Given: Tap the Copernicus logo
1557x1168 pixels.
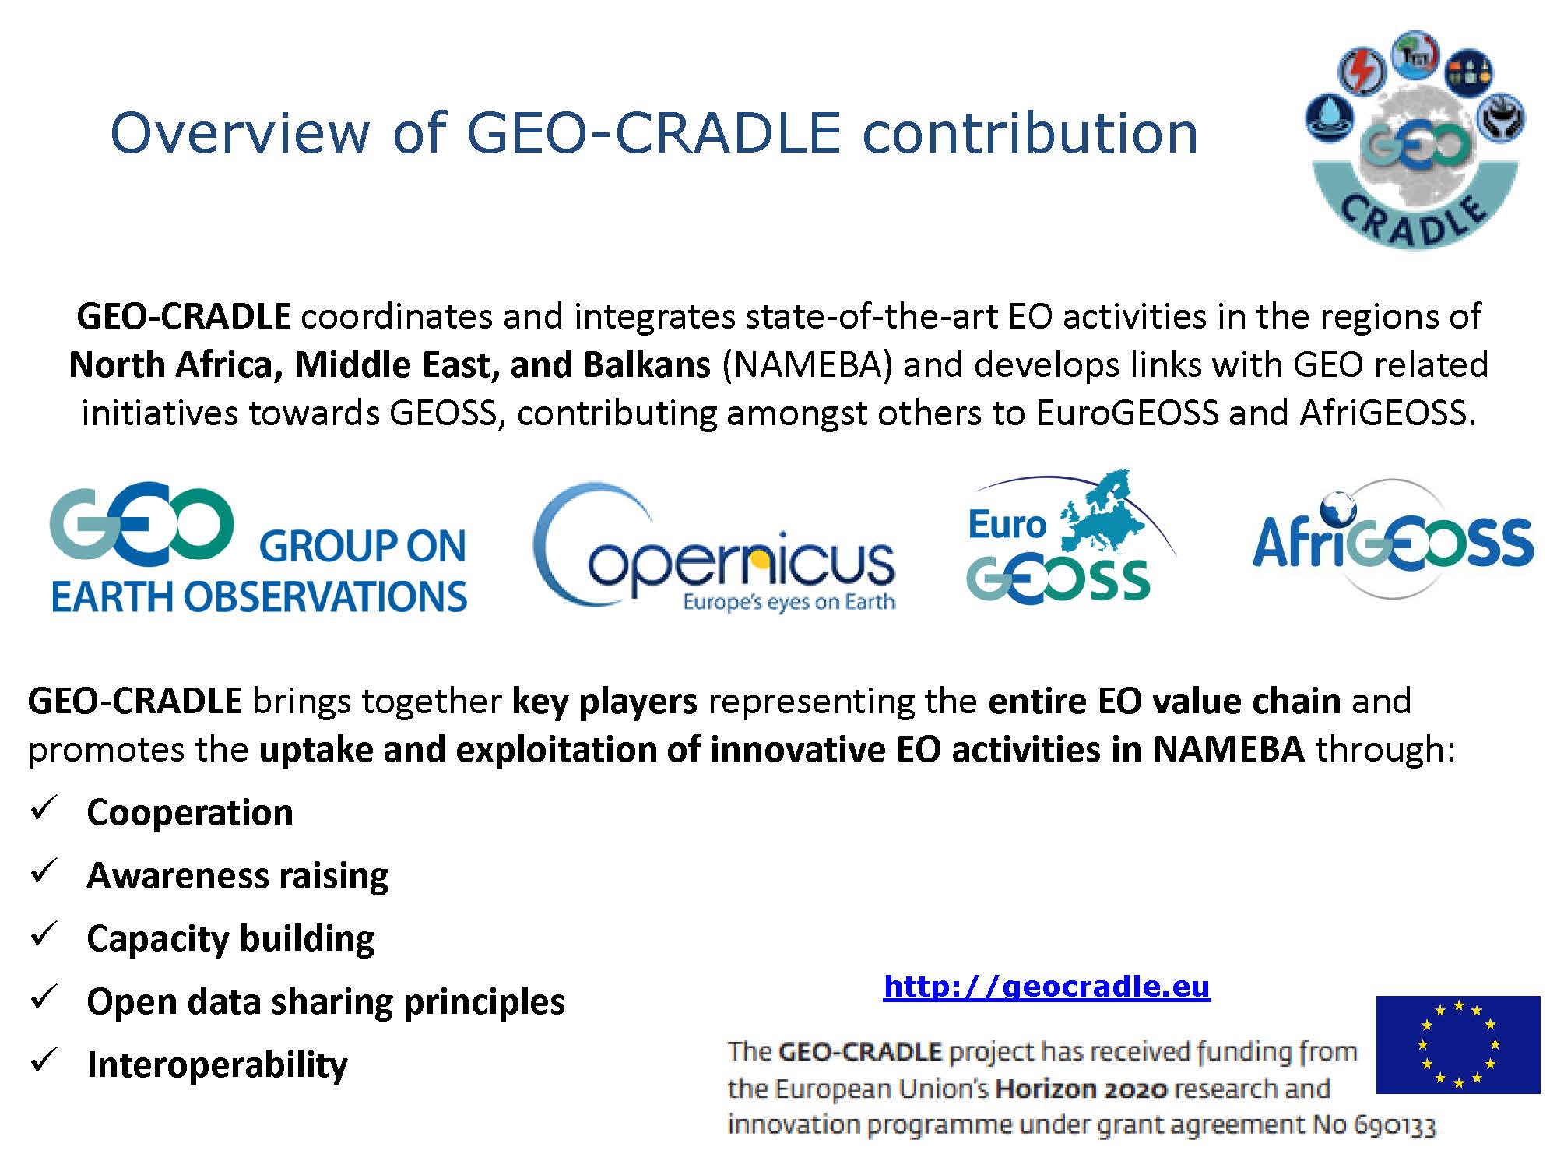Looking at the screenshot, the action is point(714,546).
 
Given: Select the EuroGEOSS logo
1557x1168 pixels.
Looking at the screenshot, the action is point(1070,538).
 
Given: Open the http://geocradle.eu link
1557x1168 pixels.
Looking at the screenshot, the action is point(1046,987).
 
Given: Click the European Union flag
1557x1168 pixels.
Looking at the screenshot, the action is point(1458,1044).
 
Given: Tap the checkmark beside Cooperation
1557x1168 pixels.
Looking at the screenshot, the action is point(43,808).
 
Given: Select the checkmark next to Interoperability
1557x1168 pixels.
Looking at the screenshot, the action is point(43,1060).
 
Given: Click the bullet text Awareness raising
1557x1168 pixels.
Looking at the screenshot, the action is point(237,875).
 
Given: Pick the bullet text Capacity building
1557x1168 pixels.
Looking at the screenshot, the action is point(230,938).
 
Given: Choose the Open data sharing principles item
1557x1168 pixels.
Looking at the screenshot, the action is point(325,1001).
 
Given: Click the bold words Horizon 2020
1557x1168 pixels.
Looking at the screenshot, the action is point(1081,1089).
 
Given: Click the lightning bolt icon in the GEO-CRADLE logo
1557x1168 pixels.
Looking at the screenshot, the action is point(1362,72).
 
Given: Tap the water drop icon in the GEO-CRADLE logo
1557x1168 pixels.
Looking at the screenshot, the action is point(1329,118).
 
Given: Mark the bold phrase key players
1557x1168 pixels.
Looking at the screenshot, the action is point(604,702).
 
